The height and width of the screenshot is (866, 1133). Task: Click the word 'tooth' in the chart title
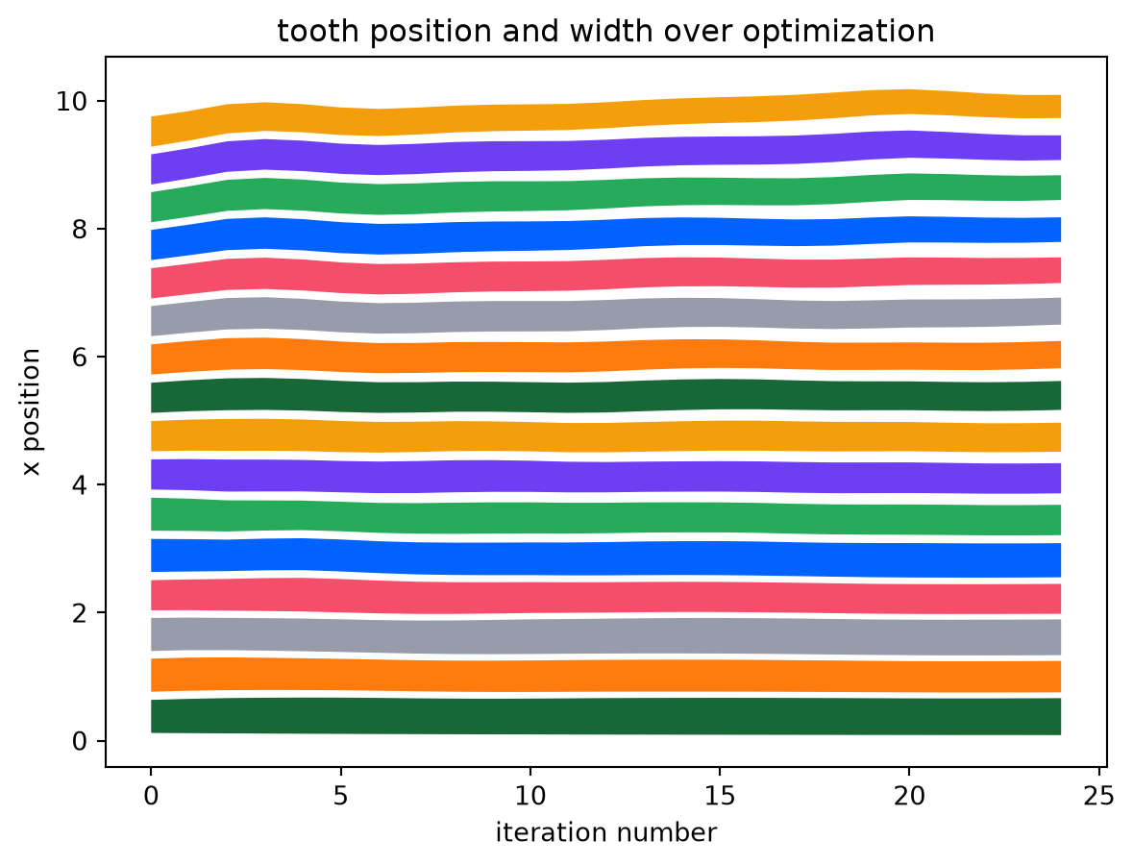pos(310,31)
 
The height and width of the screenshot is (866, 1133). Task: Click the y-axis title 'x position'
pos(31,412)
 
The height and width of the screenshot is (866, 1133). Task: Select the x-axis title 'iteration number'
pos(606,832)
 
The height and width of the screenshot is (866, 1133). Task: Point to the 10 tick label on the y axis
pos(71,101)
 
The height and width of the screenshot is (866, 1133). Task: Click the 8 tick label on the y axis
pos(79,229)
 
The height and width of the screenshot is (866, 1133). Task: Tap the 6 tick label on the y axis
pos(79,358)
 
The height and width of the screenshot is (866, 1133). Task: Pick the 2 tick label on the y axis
pos(79,613)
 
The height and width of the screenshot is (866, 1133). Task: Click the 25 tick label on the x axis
pos(1099,796)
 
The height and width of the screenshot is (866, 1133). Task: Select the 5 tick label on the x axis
pos(340,796)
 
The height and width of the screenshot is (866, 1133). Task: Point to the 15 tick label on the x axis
pos(720,796)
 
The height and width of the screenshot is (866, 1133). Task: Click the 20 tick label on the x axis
pos(909,796)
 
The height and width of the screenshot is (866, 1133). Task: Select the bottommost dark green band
pos(605,716)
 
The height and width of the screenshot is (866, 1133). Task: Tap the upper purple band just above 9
pos(605,156)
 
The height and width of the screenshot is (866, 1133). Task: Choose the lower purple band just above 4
pos(605,477)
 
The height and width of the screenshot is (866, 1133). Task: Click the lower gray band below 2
pos(605,636)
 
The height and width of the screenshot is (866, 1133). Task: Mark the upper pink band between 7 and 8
pos(605,276)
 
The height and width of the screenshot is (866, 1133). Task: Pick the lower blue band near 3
pos(605,558)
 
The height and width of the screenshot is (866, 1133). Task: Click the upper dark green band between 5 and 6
pos(605,396)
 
